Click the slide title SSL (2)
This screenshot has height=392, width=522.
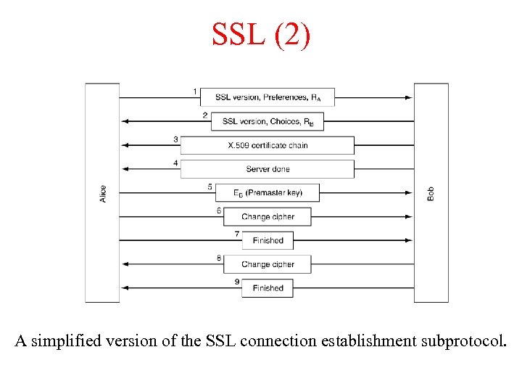tap(261, 34)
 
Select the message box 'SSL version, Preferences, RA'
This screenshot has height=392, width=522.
tap(268, 97)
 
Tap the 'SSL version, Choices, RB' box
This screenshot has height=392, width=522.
tap(268, 121)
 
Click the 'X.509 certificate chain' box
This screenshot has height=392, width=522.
tap(268, 145)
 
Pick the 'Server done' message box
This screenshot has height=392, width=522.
tap(268, 169)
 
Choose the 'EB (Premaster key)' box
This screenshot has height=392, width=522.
tap(268, 192)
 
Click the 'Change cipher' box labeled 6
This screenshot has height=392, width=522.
tap(268, 216)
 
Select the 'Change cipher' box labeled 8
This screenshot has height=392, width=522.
tap(268, 264)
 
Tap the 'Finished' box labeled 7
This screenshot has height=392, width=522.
tap(268, 240)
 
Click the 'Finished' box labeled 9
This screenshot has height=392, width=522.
tap(268, 288)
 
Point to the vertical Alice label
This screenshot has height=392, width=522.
tap(103, 193)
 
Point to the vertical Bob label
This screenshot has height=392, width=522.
tap(431, 193)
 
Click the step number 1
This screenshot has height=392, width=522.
tap(194, 91)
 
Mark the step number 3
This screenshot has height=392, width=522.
tap(175, 139)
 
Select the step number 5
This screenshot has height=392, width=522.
tap(210, 187)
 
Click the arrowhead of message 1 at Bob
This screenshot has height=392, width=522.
tap(409, 97)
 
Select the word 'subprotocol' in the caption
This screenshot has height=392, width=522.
tap(460, 340)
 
